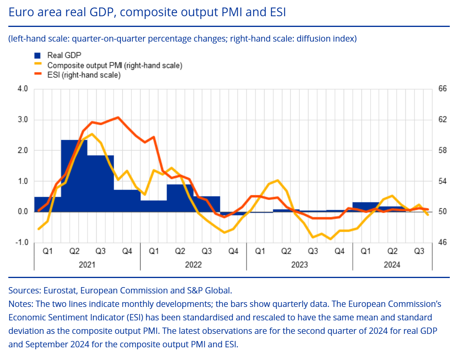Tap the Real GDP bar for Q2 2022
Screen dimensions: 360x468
180,198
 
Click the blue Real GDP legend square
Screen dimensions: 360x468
38,55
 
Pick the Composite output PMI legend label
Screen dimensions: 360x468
115,65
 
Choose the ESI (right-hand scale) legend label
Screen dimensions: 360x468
84,74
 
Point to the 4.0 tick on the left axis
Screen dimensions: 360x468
23,89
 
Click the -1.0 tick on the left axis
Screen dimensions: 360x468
22,242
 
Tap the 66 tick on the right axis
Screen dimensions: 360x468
442,89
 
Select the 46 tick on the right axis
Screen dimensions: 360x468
442,242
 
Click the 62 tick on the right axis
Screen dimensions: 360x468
442,120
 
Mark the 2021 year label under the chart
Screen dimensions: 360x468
87,265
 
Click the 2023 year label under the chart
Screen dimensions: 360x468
299,265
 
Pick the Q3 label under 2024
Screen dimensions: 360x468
419,251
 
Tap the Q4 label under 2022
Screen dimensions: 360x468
233,251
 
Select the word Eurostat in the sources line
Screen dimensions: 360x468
59,290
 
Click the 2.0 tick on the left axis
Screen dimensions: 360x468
23,150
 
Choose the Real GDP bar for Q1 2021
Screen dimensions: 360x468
48,204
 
